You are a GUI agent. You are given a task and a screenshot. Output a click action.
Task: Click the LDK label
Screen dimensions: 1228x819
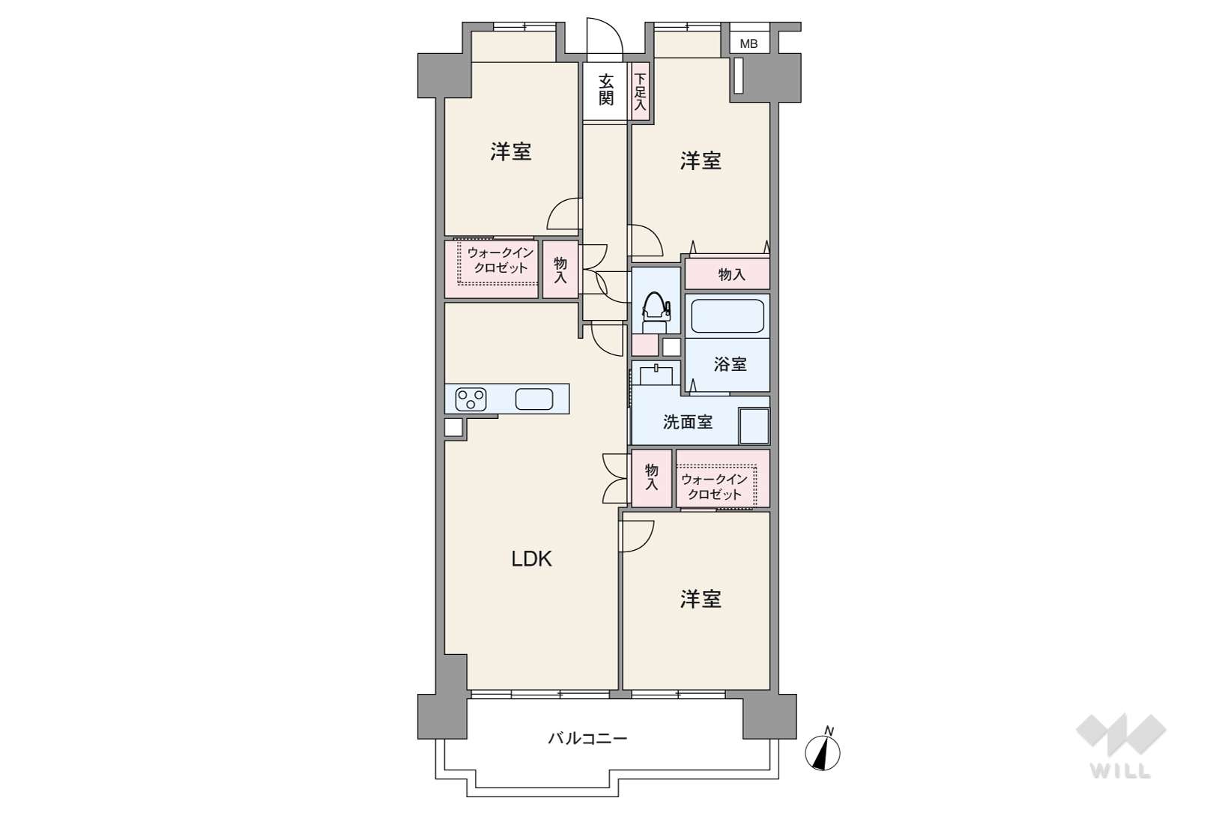coord(531,558)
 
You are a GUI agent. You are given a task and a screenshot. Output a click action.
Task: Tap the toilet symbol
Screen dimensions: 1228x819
coord(656,312)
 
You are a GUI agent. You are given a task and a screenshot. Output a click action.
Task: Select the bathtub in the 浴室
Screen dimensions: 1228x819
coord(728,315)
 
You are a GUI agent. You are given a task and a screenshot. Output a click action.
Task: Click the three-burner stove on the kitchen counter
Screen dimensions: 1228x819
coord(471,399)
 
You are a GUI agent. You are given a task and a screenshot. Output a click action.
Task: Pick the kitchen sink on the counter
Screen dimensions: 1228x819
coord(534,399)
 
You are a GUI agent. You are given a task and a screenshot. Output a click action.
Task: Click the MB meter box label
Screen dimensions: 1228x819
coord(748,44)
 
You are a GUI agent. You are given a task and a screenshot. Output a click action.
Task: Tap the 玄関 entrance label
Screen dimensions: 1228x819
coord(605,90)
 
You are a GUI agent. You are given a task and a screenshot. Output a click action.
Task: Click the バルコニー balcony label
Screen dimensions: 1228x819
coord(587,738)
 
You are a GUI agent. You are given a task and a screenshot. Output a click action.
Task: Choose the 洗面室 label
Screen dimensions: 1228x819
coord(688,422)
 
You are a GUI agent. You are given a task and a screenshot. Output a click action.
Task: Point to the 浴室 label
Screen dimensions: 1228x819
coord(730,364)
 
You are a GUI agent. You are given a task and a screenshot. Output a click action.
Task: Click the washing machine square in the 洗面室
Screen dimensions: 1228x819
coord(754,426)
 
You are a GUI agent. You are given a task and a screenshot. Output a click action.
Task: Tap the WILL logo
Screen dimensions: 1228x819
coord(1121,746)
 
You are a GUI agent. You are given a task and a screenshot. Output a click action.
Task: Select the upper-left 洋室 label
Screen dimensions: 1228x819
coord(510,151)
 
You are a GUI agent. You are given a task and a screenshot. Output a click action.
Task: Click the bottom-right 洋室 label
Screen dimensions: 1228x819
coord(700,599)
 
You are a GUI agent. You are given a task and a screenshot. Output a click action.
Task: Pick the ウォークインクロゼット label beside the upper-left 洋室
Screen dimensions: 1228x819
coord(500,261)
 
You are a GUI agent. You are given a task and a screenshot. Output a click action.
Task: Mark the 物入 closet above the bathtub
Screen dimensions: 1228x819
coord(728,273)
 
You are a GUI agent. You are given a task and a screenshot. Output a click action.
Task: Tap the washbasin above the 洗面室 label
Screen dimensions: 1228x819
coord(656,374)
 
